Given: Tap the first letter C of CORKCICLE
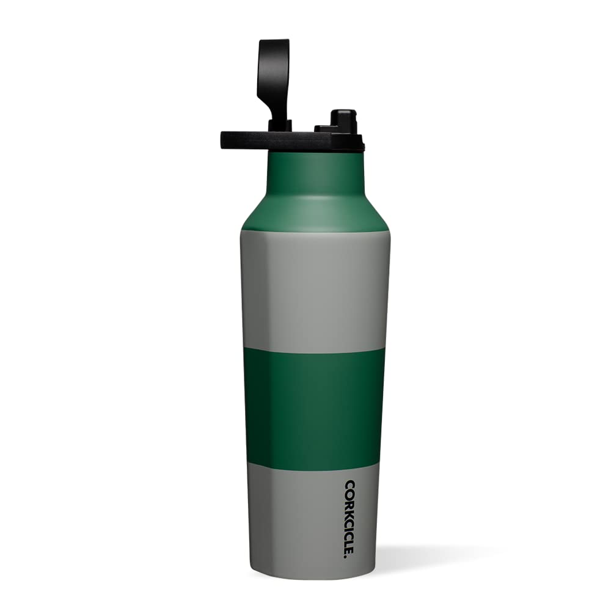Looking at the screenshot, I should click(x=349, y=485).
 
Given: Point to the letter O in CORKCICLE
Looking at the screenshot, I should click(x=349, y=494).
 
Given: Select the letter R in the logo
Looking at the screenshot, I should click(x=349, y=502).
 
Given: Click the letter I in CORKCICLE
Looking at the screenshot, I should click(x=349, y=527).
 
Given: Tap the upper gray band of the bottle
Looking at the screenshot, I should click(x=315, y=287).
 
